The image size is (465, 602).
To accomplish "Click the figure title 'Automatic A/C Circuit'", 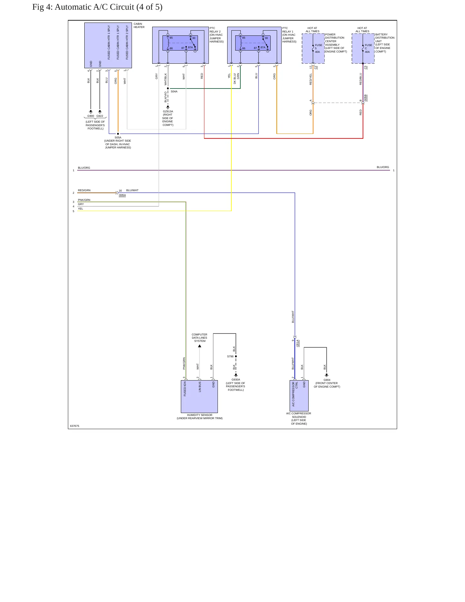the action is [95, 7].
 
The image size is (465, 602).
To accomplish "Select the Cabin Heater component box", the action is [108, 45].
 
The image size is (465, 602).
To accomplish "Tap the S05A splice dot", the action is [118, 134].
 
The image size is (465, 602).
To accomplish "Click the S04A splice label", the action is [174, 91].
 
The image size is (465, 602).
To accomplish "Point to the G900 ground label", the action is [91, 116].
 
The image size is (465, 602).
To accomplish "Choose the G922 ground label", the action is [100, 116].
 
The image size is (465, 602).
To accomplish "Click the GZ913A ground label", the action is [168, 111].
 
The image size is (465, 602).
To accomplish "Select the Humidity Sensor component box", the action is [199, 397].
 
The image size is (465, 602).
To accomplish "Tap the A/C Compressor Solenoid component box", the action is [299, 396].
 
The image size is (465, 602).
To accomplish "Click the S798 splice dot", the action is [236, 356].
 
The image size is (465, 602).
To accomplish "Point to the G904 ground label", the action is [327, 380].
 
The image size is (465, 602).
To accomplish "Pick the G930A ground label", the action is [236, 380].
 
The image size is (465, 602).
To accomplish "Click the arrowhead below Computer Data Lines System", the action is [200, 346].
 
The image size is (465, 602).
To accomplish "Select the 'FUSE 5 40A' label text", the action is [319, 49].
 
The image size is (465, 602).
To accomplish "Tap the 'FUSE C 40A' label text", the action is [368, 49].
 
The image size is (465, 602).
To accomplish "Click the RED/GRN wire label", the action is [84, 190].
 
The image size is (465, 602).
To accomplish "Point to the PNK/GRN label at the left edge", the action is [84, 200].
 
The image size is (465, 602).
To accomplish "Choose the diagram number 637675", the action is [74, 426].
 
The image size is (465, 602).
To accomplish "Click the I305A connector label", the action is [122, 195].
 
